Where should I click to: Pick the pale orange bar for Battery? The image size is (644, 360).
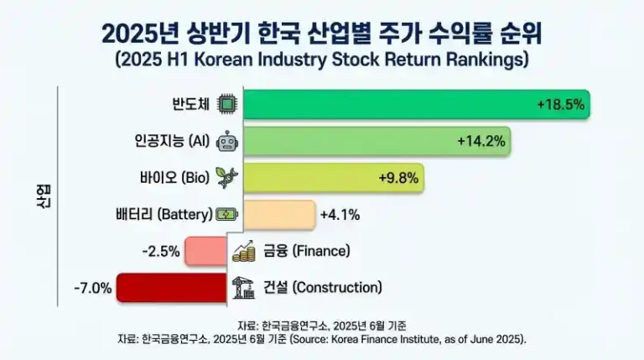pos(278,214)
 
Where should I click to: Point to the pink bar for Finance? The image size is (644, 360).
pos(205,250)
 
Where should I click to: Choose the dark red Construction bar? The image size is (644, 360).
pos(172,287)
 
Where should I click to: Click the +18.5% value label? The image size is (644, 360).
pos(560,105)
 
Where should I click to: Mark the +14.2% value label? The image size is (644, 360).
pos(481,141)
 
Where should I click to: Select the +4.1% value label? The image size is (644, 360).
pos(340,214)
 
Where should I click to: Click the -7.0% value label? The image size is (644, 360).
pos(92,287)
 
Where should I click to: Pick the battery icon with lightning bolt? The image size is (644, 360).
pos(226,214)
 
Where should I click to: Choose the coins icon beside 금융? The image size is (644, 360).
pos(244,250)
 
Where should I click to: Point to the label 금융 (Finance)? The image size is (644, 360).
pos(305,250)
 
